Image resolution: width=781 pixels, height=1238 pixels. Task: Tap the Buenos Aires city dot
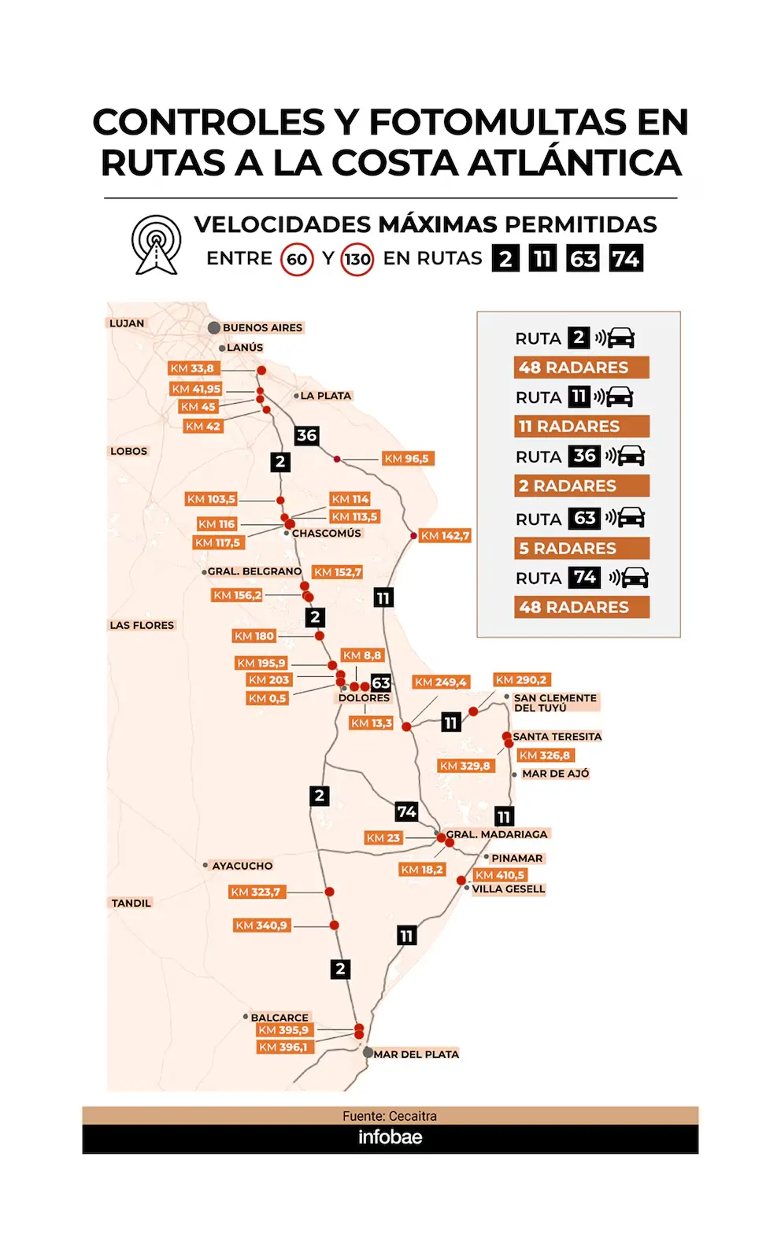[x=214, y=327]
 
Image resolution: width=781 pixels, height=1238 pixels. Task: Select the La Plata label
[x=326, y=396]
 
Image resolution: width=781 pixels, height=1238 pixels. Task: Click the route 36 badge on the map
[x=307, y=435]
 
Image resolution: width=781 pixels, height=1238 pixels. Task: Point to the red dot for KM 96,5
[x=337, y=460]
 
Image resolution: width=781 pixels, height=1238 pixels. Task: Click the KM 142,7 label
[x=444, y=535]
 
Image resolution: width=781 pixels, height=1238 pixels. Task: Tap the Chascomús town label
[x=326, y=534]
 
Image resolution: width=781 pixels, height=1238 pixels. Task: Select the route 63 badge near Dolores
[x=381, y=683]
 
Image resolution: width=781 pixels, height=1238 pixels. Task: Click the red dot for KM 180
[x=320, y=636]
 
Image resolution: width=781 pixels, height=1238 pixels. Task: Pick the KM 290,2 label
[x=521, y=680]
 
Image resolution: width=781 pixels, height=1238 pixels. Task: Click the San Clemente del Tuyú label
[x=555, y=703]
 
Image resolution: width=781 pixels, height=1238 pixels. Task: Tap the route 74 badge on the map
[x=407, y=812]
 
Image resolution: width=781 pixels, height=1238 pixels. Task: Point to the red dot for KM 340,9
[x=335, y=926]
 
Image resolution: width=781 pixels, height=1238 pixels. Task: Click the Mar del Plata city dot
[x=368, y=1052]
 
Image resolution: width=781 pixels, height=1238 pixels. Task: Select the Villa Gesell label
[x=509, y=889]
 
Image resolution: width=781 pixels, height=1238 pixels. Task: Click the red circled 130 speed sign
[x=357, y=259]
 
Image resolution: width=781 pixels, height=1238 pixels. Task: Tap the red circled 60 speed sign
[x=297, y=259]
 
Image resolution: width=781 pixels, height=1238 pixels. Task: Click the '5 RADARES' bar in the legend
[x=582, y=549]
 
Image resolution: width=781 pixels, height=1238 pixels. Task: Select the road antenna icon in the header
[x=157, y=245]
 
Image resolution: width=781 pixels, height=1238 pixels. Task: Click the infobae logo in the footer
[x=390, y=1136]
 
